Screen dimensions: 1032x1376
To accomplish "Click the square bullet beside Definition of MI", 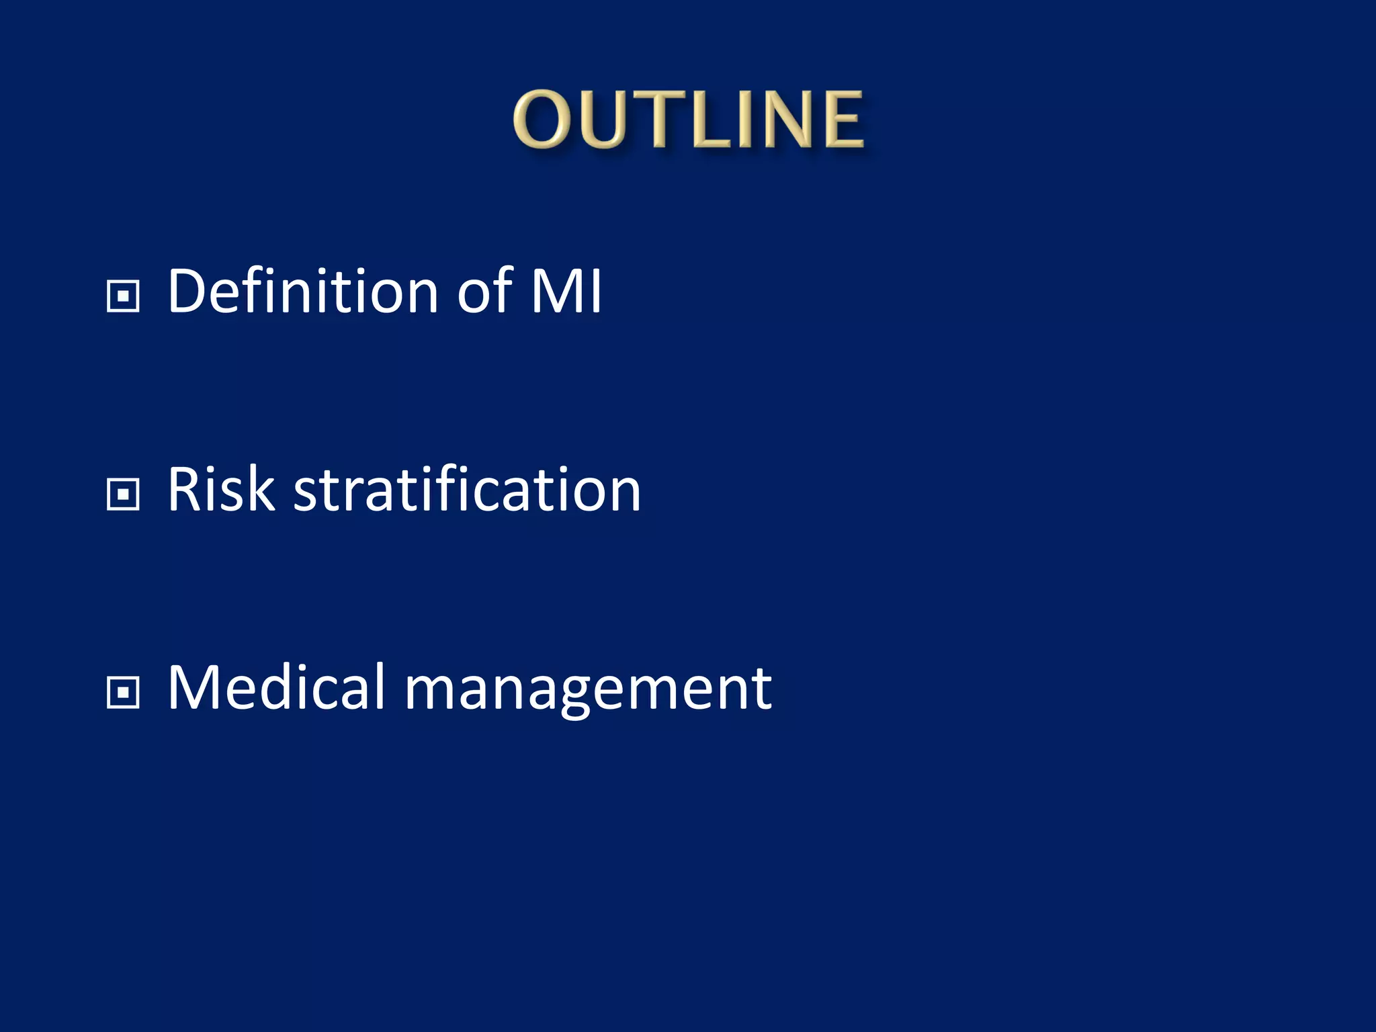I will tap(123, 296).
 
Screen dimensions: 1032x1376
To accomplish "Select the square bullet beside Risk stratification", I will tap(123, 494).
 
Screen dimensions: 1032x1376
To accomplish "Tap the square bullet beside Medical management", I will tap(123, 693).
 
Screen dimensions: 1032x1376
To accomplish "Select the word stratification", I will tap(467, 490).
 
